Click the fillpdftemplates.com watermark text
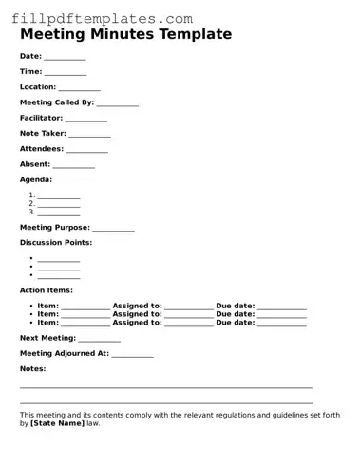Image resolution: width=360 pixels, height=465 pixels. click(x=103, y=18)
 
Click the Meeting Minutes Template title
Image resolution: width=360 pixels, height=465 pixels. click(x=125, y=34)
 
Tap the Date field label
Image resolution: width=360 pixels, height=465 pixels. click(x=30, y=56)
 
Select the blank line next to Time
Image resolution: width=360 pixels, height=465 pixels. click(x=65, y=73)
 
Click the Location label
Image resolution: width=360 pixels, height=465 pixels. click(x=38, y=87)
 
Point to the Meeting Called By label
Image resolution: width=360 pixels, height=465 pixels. click(x=56, y=102)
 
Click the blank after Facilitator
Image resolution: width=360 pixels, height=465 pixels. click(x=85, y=120)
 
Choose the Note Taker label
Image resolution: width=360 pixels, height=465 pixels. click(x=42, y=134)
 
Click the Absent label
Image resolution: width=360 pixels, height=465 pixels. click(x=35, y=164)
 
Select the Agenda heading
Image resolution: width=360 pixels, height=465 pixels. click(x=36, y=179)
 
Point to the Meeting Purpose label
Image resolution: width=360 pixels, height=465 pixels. click(x=54, y=228)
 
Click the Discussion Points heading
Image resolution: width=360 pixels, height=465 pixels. click(x=56, y=243)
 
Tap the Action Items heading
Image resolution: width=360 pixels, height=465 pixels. click(x=46, y=290)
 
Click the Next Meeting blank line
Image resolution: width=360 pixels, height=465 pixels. click(x=99, y=340)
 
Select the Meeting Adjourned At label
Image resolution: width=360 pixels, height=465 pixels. click(x=64, y=353)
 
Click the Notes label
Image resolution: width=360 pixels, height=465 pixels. click(x=32, y=368)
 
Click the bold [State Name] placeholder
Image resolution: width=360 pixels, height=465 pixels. click(x=57, y=423)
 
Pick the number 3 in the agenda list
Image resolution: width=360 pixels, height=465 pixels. click(x=31, y=212)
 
